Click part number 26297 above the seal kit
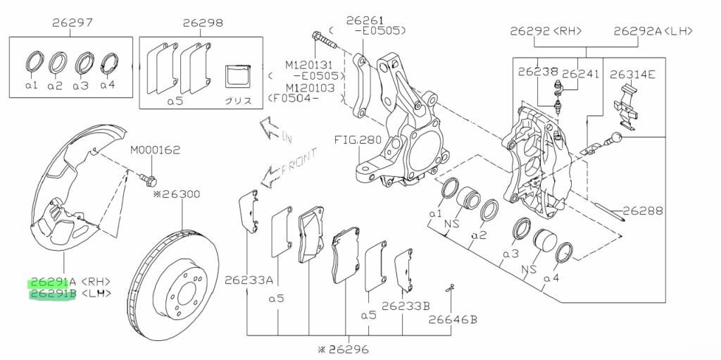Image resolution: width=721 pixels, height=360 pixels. [73, 22]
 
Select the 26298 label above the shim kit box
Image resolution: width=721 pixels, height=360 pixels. [203, 22]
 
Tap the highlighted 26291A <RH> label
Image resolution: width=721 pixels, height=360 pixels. [70, 282]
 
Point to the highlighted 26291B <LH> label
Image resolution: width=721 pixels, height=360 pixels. [70, 293]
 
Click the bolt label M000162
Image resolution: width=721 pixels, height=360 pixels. [155, 149]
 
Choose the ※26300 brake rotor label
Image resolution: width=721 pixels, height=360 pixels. [177, 194]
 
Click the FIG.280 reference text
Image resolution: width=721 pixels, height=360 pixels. [358, 139]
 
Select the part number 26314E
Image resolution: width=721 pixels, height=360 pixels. [632, 74]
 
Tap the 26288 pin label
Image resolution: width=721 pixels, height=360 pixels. [643, 211]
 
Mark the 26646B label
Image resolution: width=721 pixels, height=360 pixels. [453, 319]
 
